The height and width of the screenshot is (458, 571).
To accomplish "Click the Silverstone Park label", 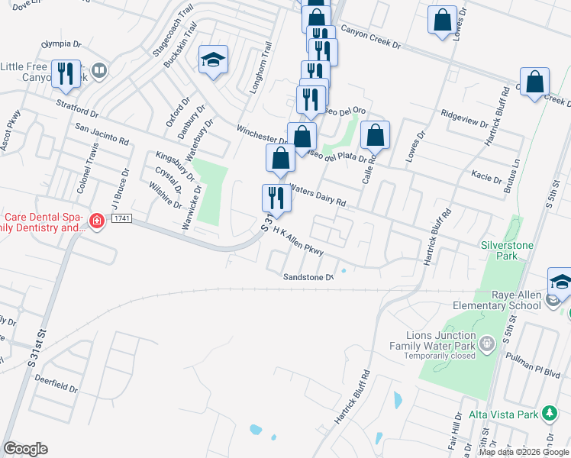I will click(500, 250).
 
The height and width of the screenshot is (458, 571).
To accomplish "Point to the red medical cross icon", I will click(96, 222).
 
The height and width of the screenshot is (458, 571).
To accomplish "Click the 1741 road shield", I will click(121, 219).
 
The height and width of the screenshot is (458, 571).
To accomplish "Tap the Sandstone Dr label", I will click(308, 277).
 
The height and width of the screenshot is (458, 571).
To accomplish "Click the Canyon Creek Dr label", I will click(370, 35).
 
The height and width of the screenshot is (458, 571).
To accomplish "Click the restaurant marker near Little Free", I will click(65, 73).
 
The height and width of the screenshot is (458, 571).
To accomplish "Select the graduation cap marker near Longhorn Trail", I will click(214, 60).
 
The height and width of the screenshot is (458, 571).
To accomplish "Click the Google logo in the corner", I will click(25, 449).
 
